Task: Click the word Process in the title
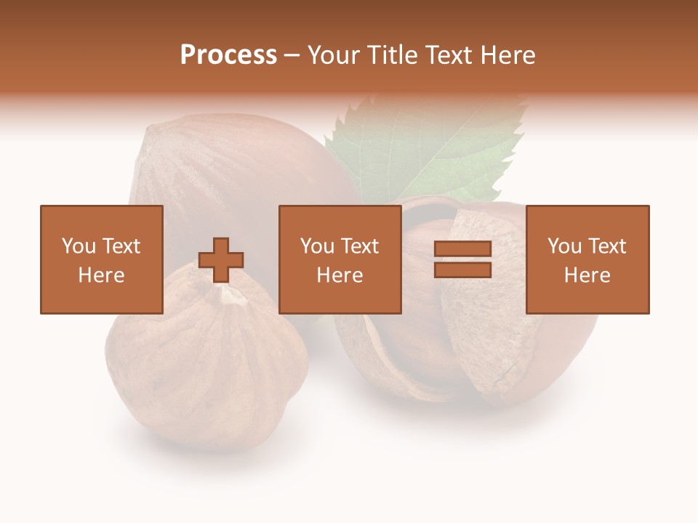[x=228, y=55]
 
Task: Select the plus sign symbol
[x=221, y=260]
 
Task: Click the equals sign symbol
[x=462, y=259]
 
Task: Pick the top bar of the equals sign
[x=462, y=249]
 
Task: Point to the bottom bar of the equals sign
[x=462, y=269]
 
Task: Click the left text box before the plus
[x=101, y=259]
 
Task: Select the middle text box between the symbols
[x=340, y=259]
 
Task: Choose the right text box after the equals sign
[x=587, y=259]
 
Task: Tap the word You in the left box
[x=79, y=246]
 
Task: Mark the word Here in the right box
[x=587, y=275]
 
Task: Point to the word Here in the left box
[x=101, y=275]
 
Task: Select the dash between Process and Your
[x=292, y=55]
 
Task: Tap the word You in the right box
[x=564, y=246]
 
